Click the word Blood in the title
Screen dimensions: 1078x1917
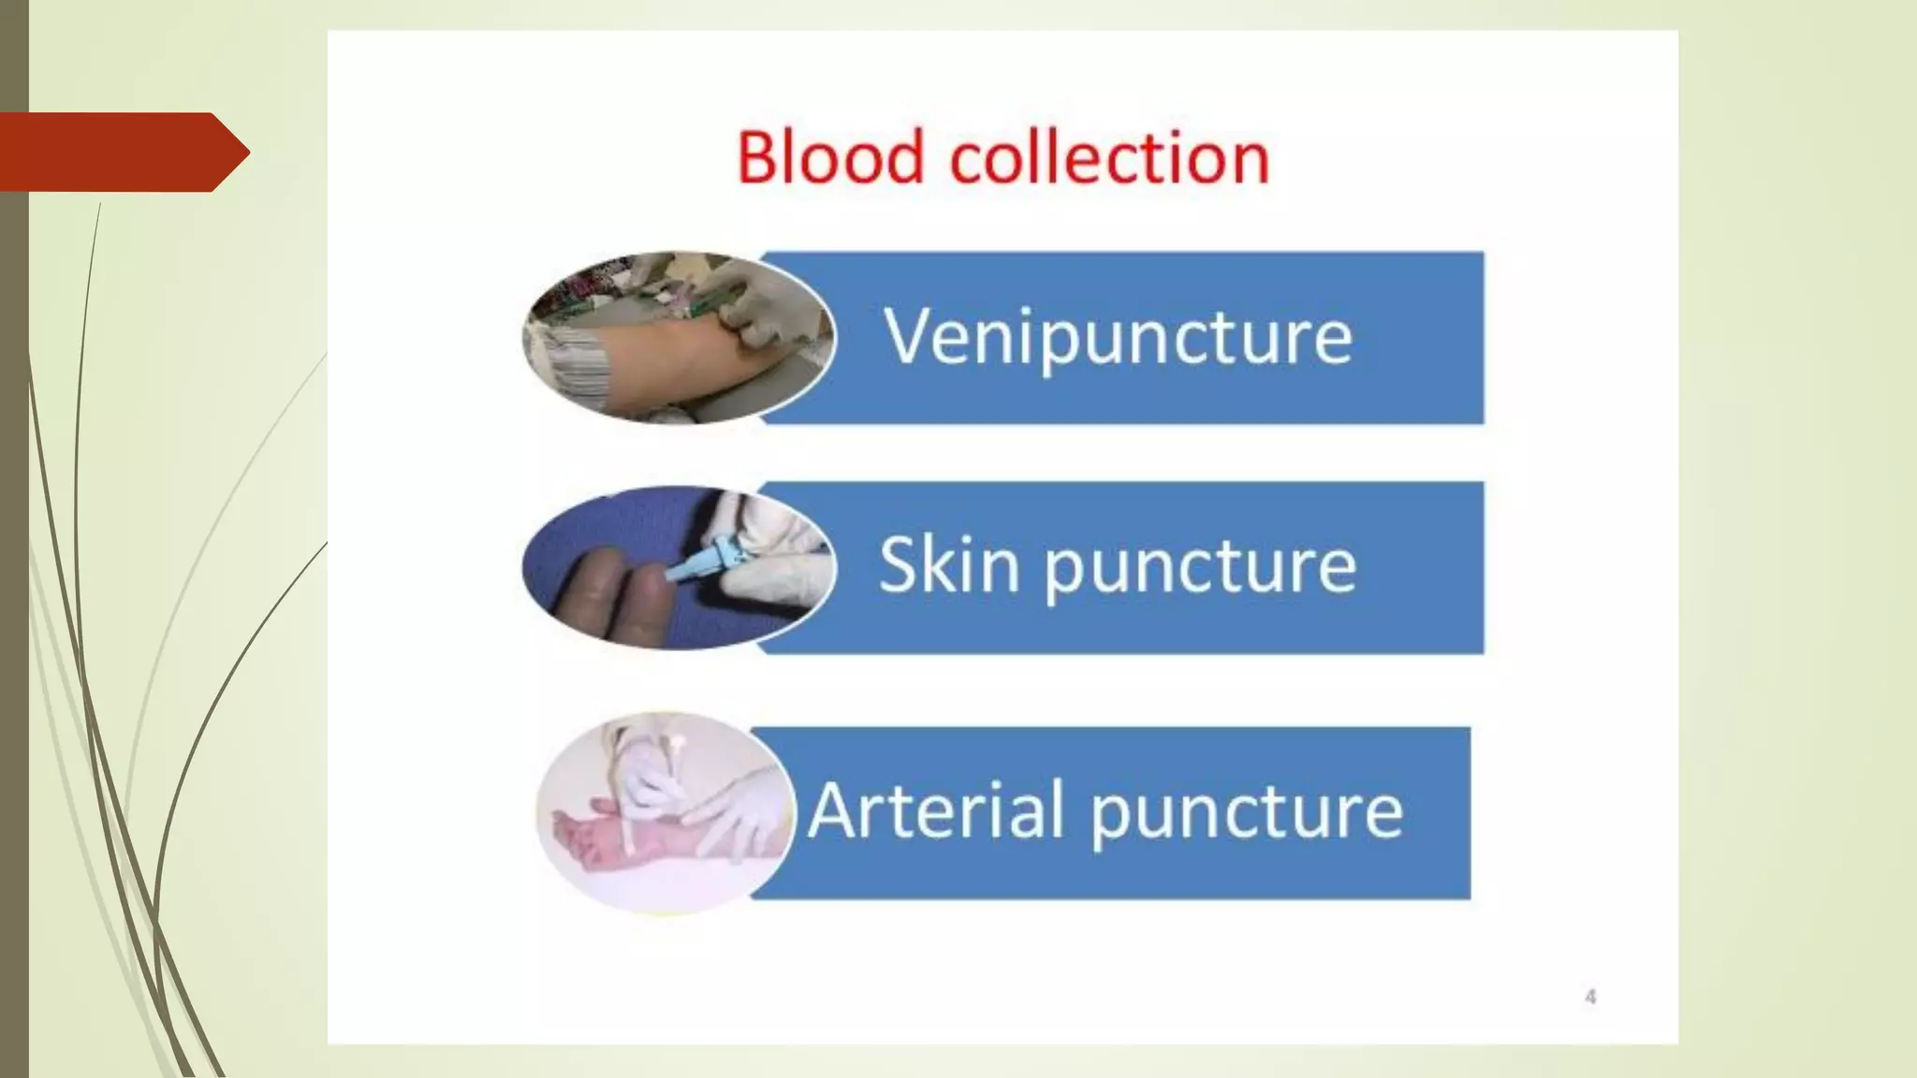830,156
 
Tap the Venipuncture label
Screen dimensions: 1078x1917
1118,338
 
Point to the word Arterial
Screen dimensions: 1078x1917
937,809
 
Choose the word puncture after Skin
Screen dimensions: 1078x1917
1200,567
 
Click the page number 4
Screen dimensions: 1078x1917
1590,997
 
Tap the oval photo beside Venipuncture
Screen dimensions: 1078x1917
678,338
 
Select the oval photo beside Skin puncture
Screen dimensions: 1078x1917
678,567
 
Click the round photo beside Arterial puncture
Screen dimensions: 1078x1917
666,812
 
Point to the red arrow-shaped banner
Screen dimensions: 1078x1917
122,152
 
